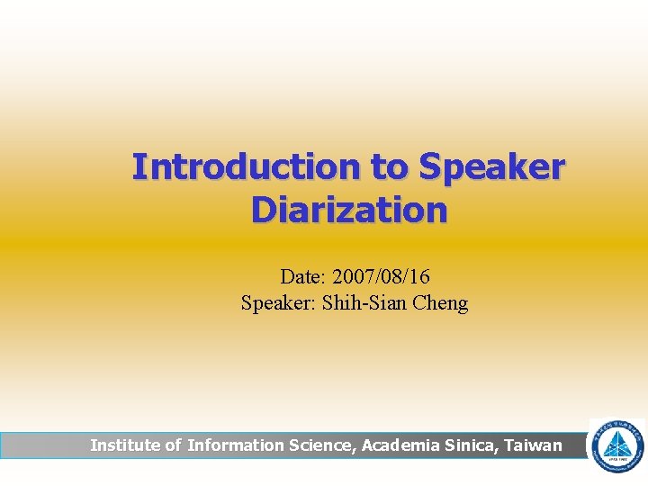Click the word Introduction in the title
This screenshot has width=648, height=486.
(245, 167)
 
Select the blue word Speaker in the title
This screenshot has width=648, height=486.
(492, 167)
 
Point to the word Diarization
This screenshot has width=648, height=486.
(349, 210)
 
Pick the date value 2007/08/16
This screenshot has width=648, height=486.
(386, 276)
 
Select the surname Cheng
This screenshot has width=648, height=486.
(440, 302)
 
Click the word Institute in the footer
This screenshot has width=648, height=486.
(125, 445)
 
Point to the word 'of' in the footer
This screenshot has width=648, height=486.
(173, 445)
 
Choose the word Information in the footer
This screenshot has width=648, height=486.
(236, 445)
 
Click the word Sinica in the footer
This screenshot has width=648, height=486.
(472, 445)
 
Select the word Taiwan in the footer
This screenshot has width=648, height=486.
(534, 445)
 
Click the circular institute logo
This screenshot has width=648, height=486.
(616, 445)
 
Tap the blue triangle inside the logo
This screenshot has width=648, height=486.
(616, 445)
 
